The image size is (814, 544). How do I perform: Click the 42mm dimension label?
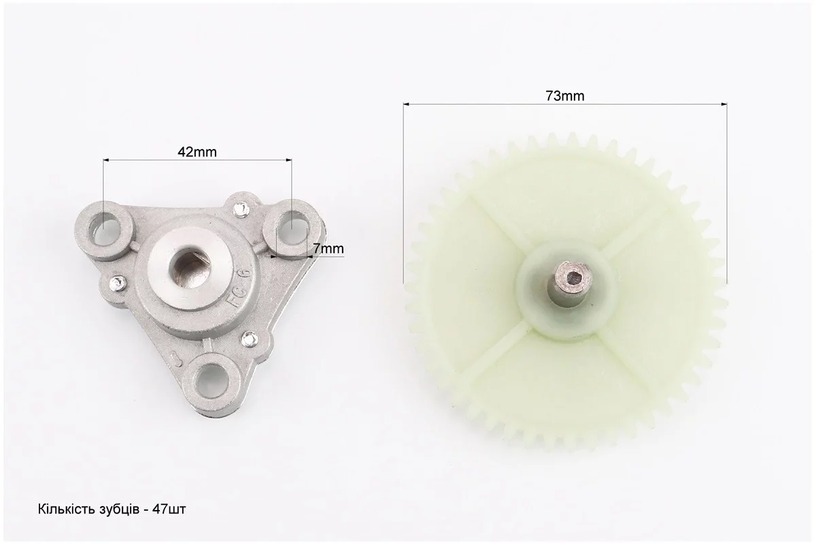[x=197, y=152]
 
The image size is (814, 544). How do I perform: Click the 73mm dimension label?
[x=565, y=96]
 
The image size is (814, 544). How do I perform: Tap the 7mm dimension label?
[x=328, y=249]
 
